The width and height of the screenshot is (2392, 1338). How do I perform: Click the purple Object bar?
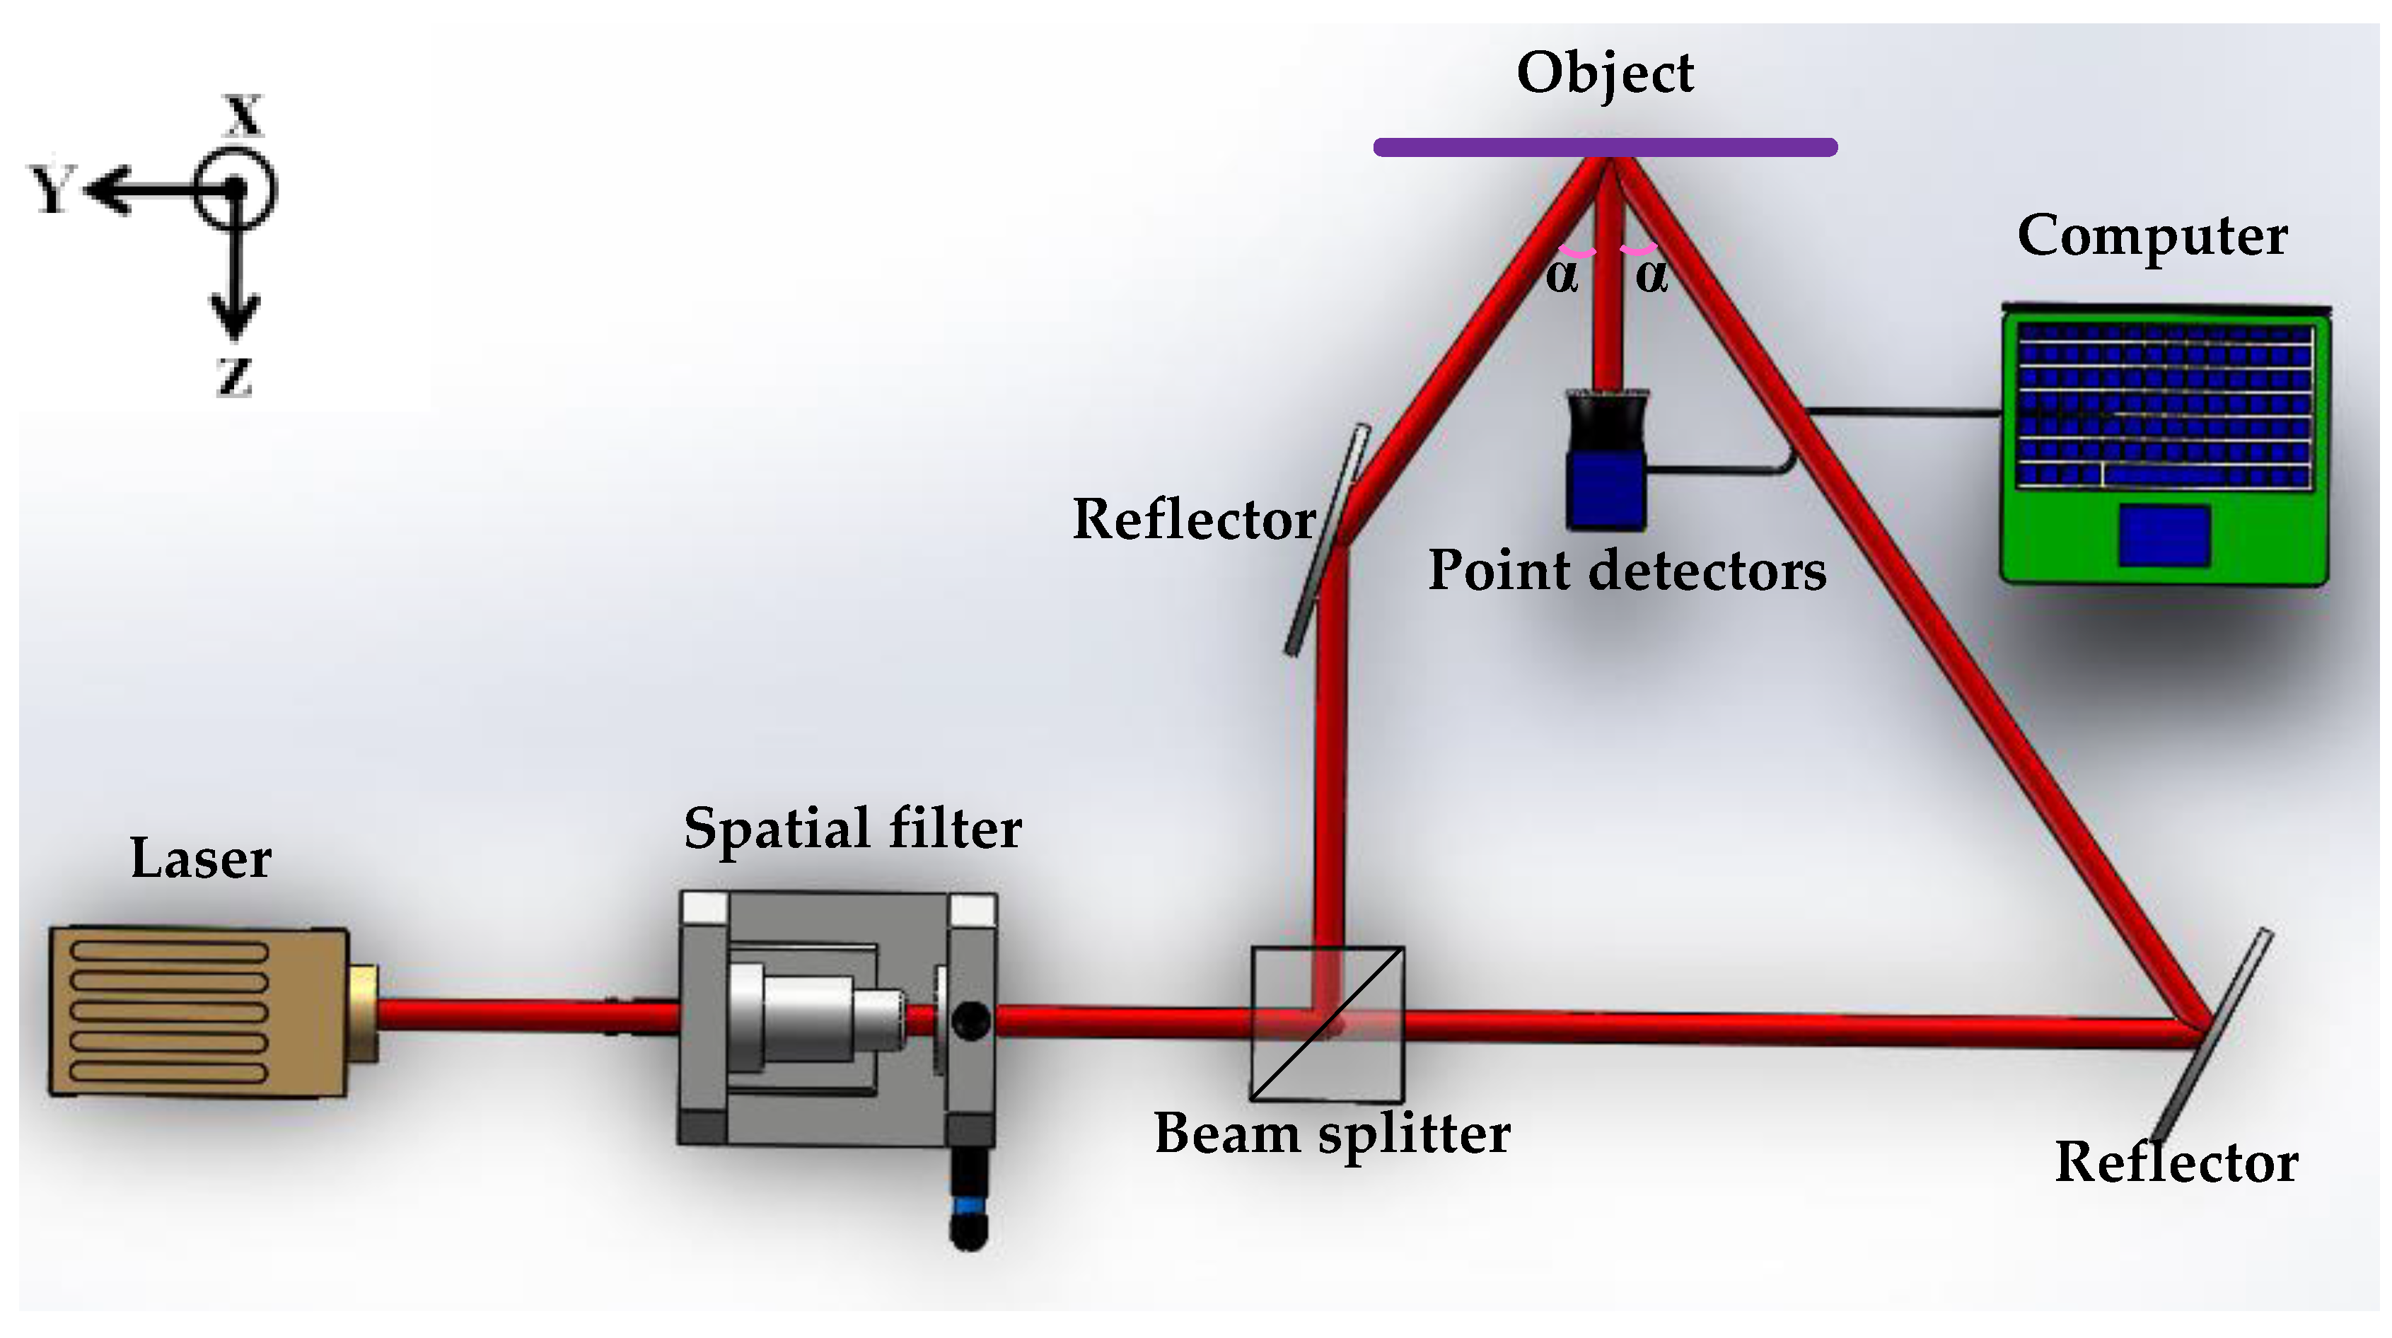[x=1605, y=146]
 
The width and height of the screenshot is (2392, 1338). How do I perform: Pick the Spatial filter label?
[x=852, y=827]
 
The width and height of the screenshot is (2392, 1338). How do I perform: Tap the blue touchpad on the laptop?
[x=2164, y=535]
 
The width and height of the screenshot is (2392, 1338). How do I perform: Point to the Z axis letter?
[x=233, y=377]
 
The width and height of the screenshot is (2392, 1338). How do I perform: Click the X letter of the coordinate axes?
[x=243, y=115]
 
